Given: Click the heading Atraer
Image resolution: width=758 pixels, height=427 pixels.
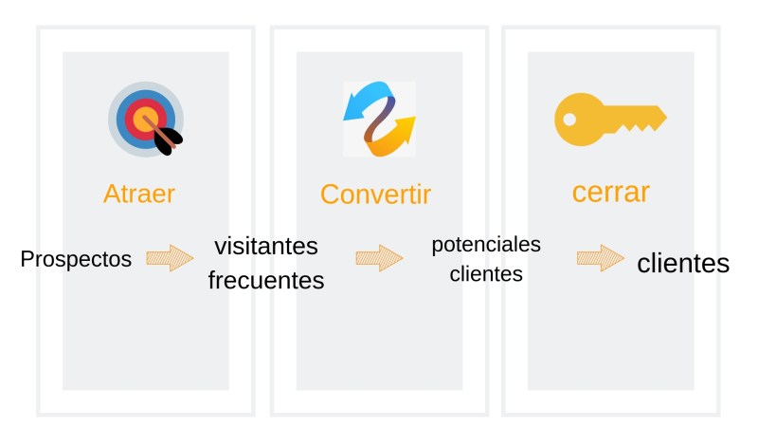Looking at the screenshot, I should pyautogui.click(x=138, y=194).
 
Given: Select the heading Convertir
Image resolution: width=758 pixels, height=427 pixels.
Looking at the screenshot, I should pyautogui.click(x=375, y=195).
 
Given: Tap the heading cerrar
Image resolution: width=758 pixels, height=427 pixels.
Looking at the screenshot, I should pyautogui.click(x=610, y=192).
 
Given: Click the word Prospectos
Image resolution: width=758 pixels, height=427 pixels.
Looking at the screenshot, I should pyautogui.click(x=76, y=258).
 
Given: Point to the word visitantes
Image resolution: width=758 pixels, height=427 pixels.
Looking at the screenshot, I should pyautogui.click(x=265, y=246).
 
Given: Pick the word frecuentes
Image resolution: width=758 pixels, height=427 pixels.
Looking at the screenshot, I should pyautogui.click(x=265, y=281).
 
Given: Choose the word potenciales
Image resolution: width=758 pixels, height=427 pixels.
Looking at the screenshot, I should pyautogui.click(x=486, y=245).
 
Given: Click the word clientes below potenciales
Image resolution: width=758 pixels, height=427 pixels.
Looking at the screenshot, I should pyautogui.click(x=486, y=275).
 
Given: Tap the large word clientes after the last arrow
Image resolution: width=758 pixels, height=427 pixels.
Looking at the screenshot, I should pyautogui.click(x=682, y=263).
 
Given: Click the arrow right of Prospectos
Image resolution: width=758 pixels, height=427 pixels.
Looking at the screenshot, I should pyautogui.click(x=170, y=258).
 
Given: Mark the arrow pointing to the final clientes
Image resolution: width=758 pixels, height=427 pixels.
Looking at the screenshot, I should pyautogui.click(x=601, y=257).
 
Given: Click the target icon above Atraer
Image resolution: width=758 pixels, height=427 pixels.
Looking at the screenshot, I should pyautogui.click(x=144, y=119).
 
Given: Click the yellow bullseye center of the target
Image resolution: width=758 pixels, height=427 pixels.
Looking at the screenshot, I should pyautogui.click(x=144, y=118).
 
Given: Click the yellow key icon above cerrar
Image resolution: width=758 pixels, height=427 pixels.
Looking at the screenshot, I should pyautogui.click(x=609, y=119).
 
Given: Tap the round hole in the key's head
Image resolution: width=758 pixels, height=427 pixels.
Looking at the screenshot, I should pyautogui.click(x=569, y=120).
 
